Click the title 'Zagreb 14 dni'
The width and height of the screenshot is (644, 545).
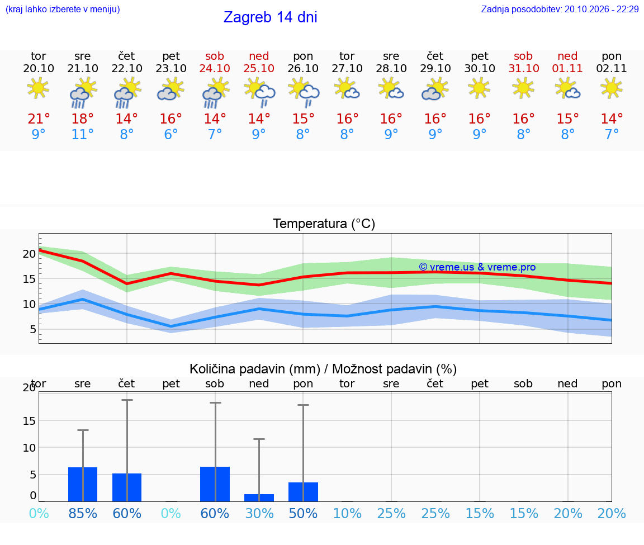tap(270, 17)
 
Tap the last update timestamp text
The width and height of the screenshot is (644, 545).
tap(560, 9)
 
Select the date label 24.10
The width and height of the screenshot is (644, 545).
tap(215, 68)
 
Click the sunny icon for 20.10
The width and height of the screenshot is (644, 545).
tap(38, 88)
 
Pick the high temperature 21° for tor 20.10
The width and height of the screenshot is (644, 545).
tap(39, 119)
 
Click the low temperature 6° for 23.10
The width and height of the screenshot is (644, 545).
tap(171, 134)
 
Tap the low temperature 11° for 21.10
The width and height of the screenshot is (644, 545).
tap(83, 134)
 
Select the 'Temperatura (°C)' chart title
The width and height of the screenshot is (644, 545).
tap(324, 224)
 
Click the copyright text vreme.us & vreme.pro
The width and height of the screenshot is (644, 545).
tap(477, 267)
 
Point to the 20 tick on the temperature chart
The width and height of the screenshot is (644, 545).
tap(29, 254)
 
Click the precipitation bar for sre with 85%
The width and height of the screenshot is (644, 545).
tap(83, 484)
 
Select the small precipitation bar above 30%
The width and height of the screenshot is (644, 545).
tap(259, 498)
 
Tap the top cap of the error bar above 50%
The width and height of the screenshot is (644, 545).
tap(303, 405)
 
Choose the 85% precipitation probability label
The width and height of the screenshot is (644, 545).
tap(83, 513)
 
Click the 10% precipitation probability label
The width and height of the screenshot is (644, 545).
tap(347, 513)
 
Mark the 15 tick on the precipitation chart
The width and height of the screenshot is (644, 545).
tap(29, 420)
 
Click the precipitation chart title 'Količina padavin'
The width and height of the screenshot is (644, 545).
tap(255, 369)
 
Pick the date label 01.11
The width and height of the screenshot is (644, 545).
tap(567, 68)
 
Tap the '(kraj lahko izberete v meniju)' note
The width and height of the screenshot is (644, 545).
tap(63, 9)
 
